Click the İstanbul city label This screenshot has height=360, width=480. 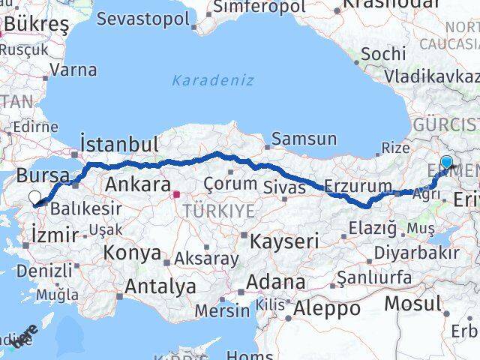click(119, 144)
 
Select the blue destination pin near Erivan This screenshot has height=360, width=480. click(447, 161)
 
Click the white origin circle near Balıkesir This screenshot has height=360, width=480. click(34, 198)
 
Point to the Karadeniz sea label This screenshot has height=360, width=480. click(213, 80)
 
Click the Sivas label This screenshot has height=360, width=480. click(285, 187)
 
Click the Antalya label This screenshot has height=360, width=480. click(160, 286)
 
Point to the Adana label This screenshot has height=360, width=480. click(278, 283)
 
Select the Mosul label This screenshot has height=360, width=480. click(412, 304)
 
